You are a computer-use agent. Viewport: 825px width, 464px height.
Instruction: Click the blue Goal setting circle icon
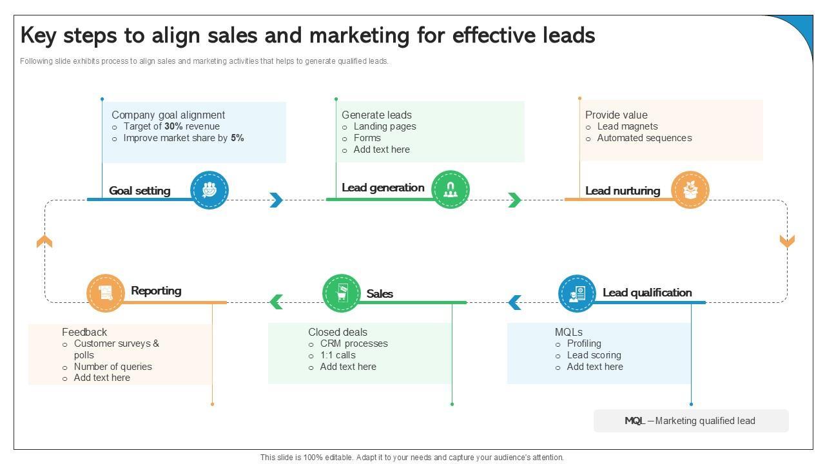[x=209, y=190]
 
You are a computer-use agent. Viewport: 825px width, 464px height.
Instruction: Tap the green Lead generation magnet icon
[x=450, y=189]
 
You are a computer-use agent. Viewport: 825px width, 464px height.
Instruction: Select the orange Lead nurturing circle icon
[x=690, y=190]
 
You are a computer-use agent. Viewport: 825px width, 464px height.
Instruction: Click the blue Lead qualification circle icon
[x=577, y=293]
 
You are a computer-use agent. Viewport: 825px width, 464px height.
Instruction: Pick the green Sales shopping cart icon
[x=341, y=293]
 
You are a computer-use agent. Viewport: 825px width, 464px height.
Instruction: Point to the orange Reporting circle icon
[x=106, y=293]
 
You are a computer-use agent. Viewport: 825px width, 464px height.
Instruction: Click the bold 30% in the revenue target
[x=174, y=127]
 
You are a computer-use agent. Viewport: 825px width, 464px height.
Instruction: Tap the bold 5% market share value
[x=237, y=138]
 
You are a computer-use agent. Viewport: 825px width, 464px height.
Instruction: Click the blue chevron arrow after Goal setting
[x=277, y=200]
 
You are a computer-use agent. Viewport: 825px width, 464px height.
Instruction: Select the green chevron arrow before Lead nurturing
[x=514, y=200]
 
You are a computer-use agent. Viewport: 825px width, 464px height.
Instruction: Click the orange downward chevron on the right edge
[x=787, y=240]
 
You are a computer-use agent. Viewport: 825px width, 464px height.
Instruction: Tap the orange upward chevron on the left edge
[x=44, y=241]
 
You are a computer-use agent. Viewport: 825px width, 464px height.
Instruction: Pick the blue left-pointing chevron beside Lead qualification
[x=514, y=302]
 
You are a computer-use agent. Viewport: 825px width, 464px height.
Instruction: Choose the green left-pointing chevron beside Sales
[x=277, y=302]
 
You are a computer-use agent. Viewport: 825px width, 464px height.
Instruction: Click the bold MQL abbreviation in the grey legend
[x=634, y=421]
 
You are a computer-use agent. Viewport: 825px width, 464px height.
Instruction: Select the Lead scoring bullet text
[x=594, y=355]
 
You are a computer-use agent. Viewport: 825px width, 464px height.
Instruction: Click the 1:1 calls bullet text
[x=338, y=355]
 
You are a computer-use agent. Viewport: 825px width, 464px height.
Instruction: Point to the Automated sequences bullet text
[x=644, y=138]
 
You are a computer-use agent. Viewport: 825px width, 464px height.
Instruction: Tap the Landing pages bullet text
[x=385, y=127]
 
